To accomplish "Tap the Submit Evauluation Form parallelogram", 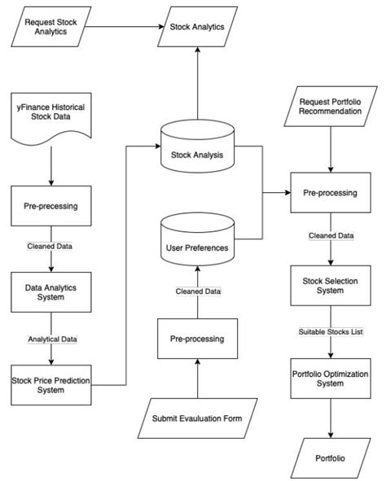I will pos(197,418).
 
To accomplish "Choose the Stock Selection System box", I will pos(330,287).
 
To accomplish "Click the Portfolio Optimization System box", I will pos(330,379).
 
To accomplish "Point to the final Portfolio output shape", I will pos(330,457).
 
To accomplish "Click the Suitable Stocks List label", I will pos(330,334).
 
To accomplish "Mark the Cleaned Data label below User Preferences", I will pos(197,291).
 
